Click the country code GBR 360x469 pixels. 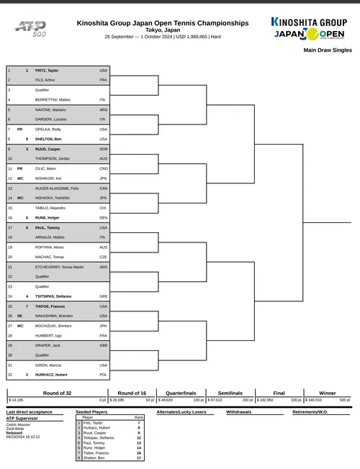[x=103, y=345]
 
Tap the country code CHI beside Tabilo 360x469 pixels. [x=103, y=207]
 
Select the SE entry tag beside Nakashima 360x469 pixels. [x=20, y=316]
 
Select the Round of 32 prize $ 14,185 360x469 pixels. [x=16, y=400]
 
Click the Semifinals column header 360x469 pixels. [x=230, y=393]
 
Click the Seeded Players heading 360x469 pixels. [x=93, y=412]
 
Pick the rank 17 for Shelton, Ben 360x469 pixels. [x=138, y=457]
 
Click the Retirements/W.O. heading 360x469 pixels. [x=310, y=412]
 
